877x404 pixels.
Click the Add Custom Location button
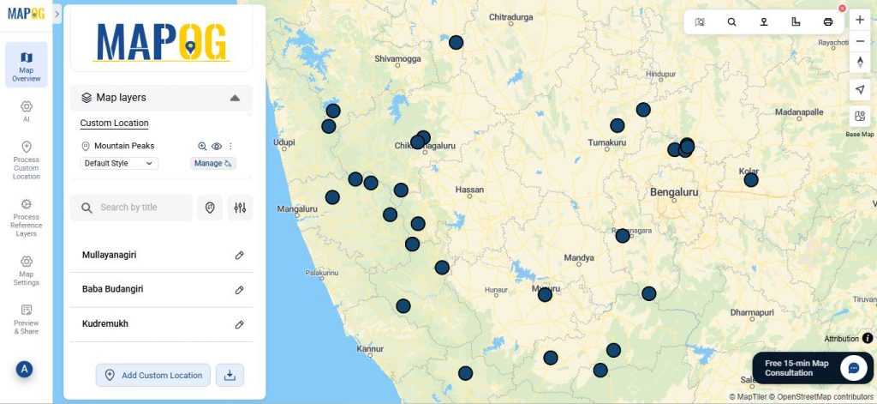(x=152, y=375)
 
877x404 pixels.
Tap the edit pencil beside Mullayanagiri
(x=240, y=256)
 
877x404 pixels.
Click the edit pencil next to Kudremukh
(x=240, y=325)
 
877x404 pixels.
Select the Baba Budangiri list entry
(x=112, y=289)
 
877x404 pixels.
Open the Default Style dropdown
(x=119, y=163)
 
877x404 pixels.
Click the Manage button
(x=212, y=163)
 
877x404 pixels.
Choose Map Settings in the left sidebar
(x=27, y=269)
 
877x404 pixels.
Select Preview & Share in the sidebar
(x=27, y=318)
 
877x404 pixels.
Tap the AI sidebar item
(x=27, y=111)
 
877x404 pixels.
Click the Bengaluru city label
(x=674, y=193)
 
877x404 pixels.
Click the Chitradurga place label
(x=510, y=17)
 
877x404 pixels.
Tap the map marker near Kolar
(x=751, y=180)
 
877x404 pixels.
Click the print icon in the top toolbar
(x=827, y=21)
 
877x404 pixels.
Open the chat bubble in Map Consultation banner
(x=853, y=368)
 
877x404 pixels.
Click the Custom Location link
(x=114, y=124)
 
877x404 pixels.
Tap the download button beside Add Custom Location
(x=230, y=375)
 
